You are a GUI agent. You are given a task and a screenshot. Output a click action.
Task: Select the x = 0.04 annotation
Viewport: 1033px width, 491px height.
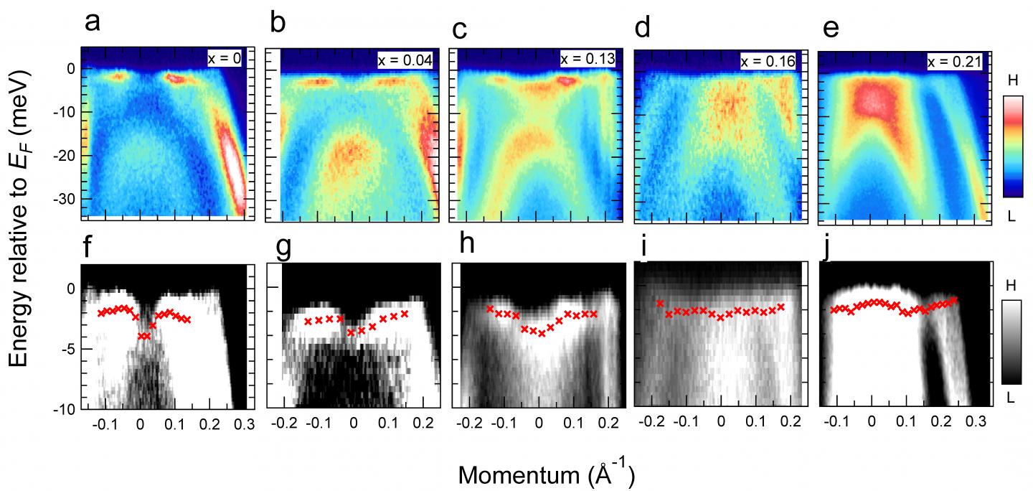click(405, 61)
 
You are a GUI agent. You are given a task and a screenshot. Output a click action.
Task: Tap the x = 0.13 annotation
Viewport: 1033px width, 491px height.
click(588, 59)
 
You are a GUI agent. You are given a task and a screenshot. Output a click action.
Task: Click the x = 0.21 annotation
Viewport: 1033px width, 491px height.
click(955, 62)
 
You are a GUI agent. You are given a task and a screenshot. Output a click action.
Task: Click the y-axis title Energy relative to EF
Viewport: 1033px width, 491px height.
click(21, 208)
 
